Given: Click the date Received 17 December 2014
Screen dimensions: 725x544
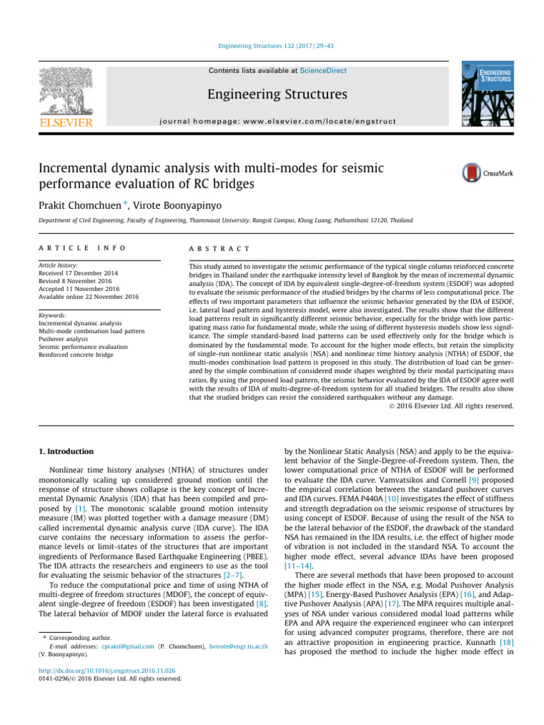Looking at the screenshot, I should [x=79, y=273].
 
